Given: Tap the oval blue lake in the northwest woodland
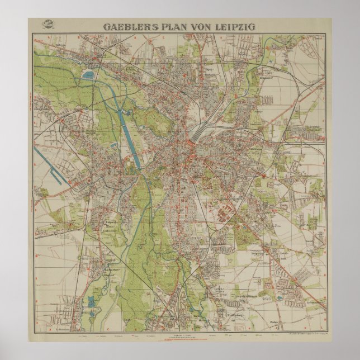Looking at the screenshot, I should [88, 74].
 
